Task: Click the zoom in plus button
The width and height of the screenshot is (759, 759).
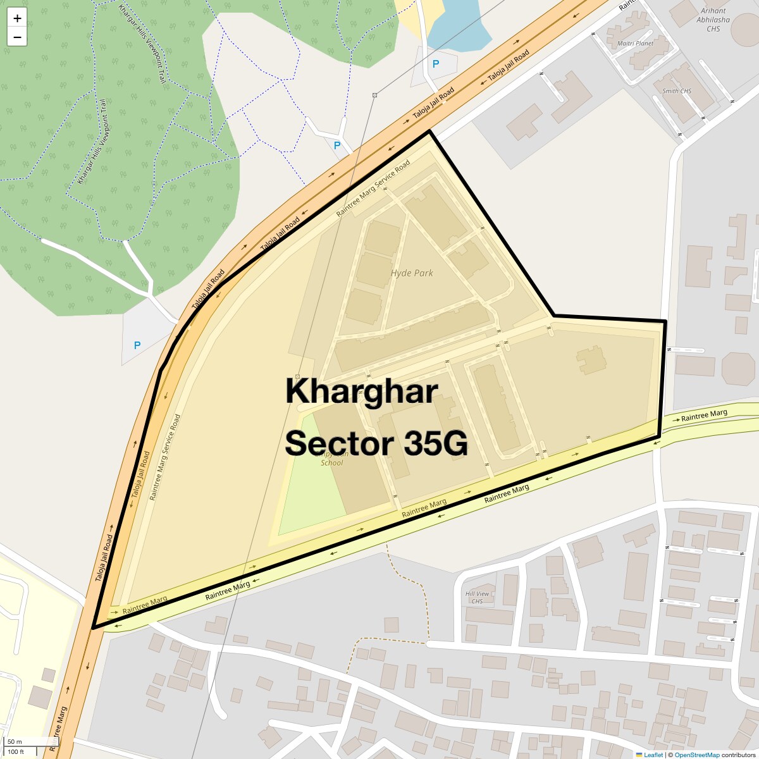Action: click(x=17, y=18)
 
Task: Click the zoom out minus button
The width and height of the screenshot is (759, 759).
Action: click(x=17, y=37)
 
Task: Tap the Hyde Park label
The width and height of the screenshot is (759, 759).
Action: click(x=412, y=273)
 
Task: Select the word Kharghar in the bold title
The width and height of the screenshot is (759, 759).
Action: click(x=361, y=391)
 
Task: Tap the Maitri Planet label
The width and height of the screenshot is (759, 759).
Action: click(x=635, y=44)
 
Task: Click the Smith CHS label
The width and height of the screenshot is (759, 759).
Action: click(x=677, y=91)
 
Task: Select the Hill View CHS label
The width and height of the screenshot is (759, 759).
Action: click(x=477, y=597)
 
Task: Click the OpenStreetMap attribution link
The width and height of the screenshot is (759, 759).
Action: click(x=696, y=755)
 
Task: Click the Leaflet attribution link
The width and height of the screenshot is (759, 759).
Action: click(x=653, y=755)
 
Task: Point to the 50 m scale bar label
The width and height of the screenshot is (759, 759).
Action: click(x=15, y=742)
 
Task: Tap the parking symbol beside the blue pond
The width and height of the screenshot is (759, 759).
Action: click(x=435, y=64)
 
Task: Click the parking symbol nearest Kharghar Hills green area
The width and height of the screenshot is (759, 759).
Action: click(x=137, y=345)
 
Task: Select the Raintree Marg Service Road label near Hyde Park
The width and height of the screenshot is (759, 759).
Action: click(x=373, y=188)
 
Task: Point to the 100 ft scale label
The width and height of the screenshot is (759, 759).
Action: click(x=16, y=751)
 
